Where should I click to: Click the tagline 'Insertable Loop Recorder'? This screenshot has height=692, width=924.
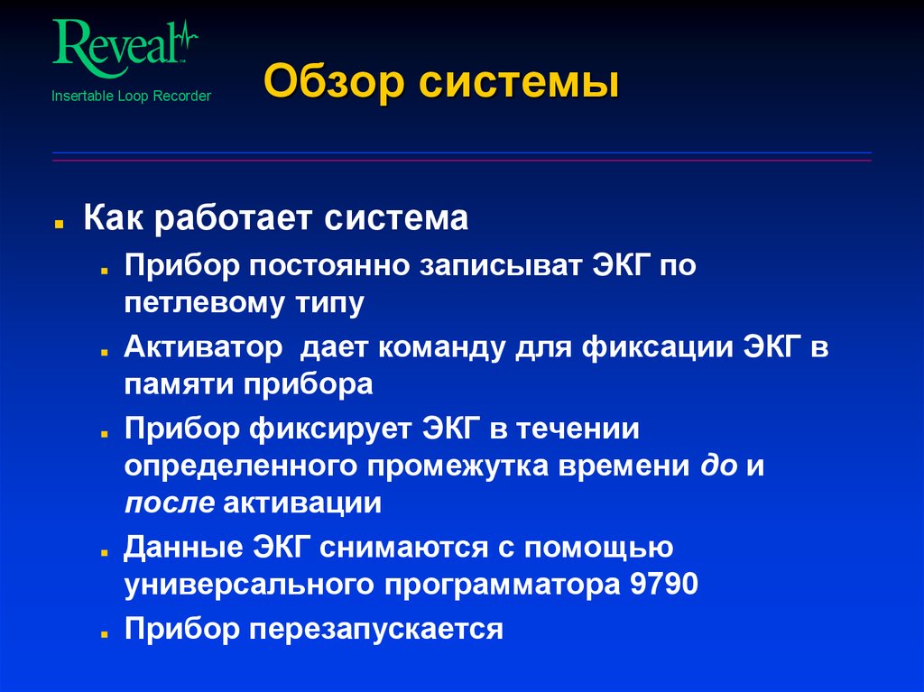pyautogui.click(x=131, y=96)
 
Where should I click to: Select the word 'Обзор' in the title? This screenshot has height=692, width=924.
pyautogui.click(x=328, y=85)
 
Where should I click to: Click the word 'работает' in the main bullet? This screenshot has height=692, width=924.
pyautogui.click(x=237, y=219)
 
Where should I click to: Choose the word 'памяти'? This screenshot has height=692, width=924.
pyautogui.click(x=179, y=384)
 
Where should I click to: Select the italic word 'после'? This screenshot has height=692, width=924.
pyautogui.click(x=169, y=503)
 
